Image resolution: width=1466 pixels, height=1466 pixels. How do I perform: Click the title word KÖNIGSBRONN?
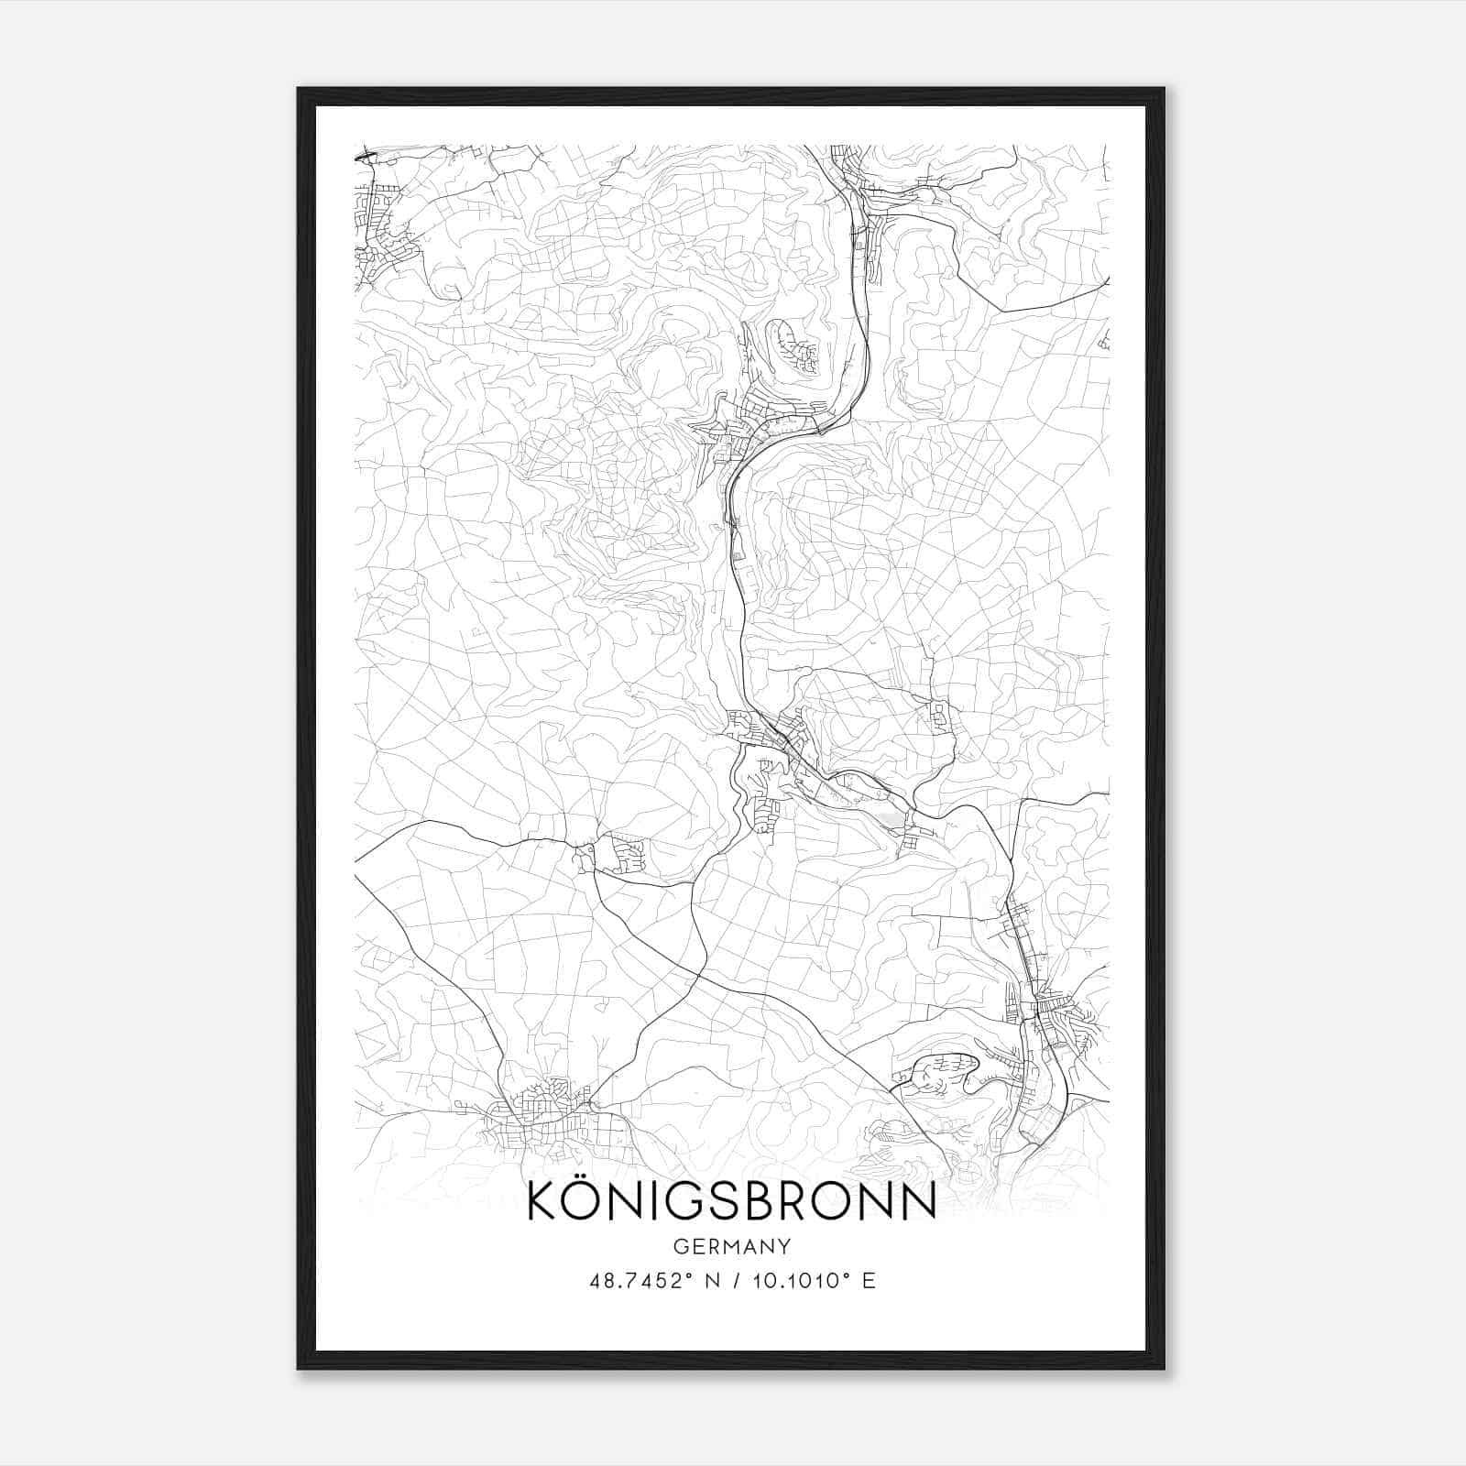pos(732,1201)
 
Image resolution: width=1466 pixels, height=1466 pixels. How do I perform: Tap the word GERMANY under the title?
pos(732,1247)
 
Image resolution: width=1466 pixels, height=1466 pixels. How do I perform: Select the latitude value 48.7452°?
pos(638,1280)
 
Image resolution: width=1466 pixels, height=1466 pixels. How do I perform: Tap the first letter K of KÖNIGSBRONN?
pos(542,1201)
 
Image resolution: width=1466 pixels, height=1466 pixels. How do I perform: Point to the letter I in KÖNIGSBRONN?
pos(659,1201)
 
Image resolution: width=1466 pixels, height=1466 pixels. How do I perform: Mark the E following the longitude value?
pos(869,1280)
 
